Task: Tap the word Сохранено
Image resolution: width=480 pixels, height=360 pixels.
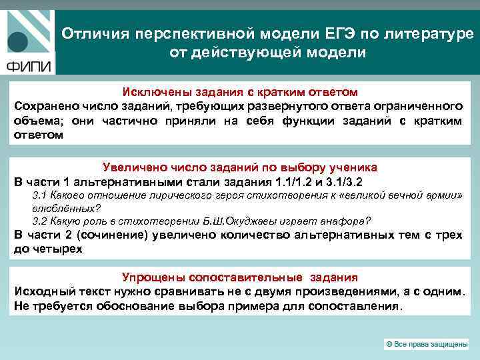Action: tap(44, 106)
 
